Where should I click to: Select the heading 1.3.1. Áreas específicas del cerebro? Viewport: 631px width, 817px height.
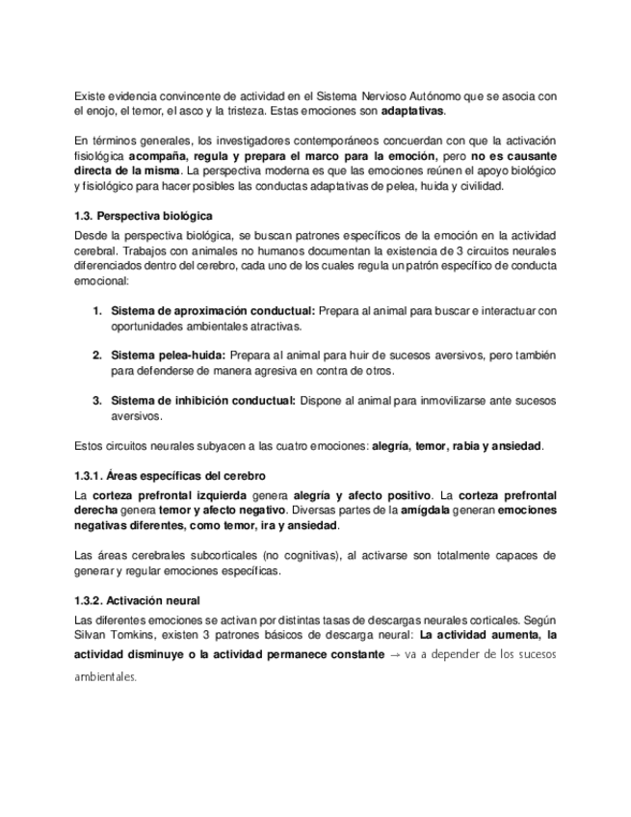pos(170,476)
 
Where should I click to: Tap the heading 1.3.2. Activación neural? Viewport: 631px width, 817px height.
pos(137,599)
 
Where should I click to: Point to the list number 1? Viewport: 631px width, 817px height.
pos(97,310)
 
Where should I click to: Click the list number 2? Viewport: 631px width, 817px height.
pos(97,355)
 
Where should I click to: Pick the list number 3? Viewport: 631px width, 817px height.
pos(97,400)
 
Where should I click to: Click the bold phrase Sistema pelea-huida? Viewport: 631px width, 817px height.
pos(169,355)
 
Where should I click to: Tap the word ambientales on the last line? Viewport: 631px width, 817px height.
pos(106,676)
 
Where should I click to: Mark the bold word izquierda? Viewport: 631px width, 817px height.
pos(214,494)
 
